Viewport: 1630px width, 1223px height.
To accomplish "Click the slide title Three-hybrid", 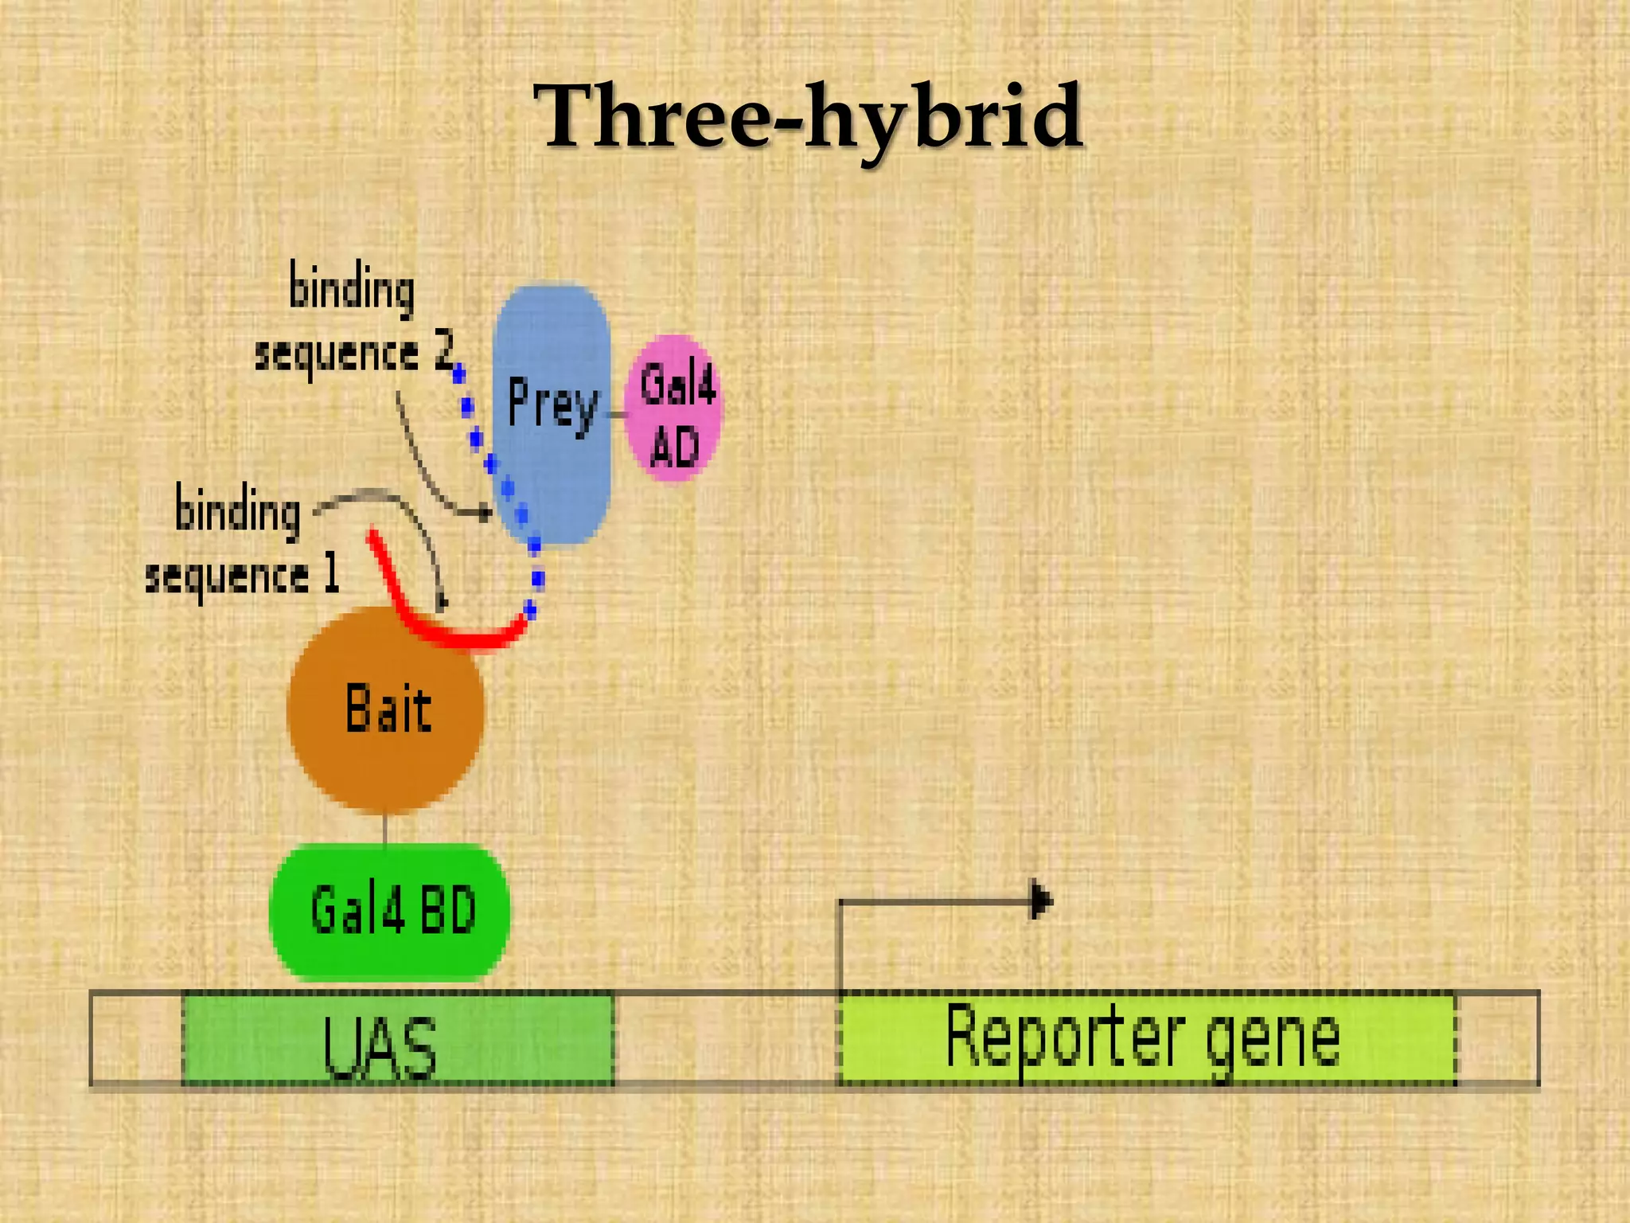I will [808, 118].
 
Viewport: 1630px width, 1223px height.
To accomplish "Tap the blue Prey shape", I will [552, 478].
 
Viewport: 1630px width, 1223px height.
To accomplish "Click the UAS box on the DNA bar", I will [398, 1038].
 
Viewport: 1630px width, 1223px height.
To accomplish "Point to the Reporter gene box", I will [1146, 1038].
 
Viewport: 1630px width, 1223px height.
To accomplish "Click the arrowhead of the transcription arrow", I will [1041, 901].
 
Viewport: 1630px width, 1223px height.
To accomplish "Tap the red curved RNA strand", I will [446, 629].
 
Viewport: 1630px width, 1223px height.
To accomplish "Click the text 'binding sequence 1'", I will [239, 541].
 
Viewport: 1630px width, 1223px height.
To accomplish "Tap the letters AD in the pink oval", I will [674, 447].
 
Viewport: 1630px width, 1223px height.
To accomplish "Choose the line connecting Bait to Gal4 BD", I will [386, 830].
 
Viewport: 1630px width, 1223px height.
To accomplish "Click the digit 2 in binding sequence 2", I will [444, 352].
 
